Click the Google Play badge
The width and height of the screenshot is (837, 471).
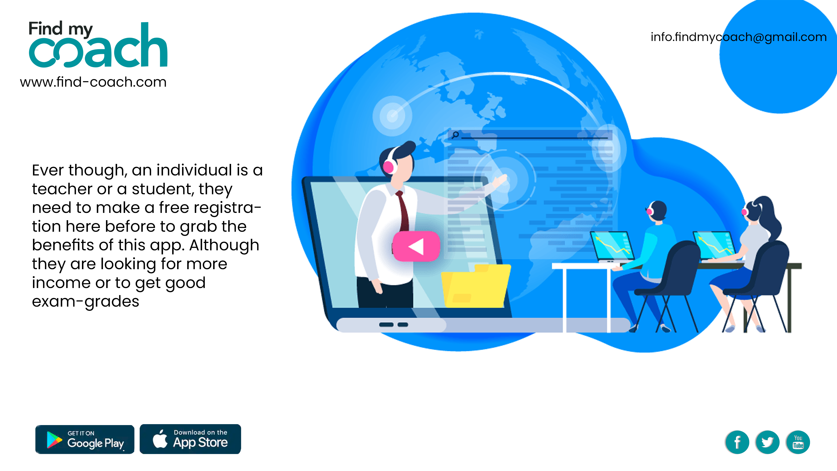85,439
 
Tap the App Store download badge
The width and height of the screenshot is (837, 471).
190,439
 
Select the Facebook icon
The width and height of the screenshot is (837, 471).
737,442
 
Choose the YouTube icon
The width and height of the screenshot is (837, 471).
798,442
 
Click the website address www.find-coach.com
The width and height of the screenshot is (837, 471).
93,82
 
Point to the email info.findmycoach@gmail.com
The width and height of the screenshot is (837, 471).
739,37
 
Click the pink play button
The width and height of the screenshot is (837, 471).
416,246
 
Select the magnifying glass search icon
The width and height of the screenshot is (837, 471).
455,134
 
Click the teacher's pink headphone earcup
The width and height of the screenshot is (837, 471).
388,167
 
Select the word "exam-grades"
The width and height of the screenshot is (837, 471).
86,302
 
